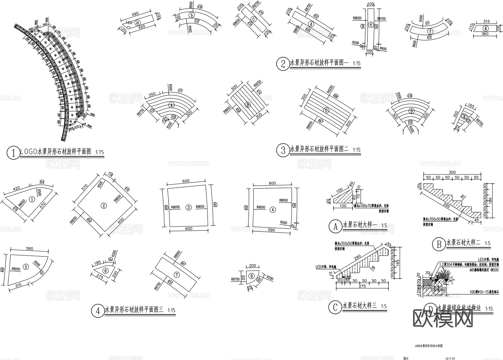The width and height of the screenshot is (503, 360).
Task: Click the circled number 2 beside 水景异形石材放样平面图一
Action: click(x=283, y=64)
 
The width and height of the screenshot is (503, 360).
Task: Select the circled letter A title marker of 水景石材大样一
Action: click(x=335, y=226)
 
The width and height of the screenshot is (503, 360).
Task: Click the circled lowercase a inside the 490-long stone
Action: click(x=137, y=23)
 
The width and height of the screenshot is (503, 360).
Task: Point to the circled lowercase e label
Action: click(x=371, y=25)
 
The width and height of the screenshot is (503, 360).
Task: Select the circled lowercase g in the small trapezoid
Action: click(x=486, y=28)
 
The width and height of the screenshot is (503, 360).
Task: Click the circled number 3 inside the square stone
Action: click(x=189, y=207)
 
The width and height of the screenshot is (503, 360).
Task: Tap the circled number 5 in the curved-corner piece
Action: click(x=26, y=267)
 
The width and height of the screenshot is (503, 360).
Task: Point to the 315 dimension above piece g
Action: click(x=486, y=22)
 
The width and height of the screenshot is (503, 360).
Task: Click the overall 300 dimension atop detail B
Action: click(x=452, y=172)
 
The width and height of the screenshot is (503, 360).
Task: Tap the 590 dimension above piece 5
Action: click(x=29, y=248)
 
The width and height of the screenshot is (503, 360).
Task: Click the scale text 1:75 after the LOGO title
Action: click(x=99, y=152)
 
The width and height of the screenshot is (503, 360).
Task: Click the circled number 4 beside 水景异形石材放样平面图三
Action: click(x=98, y=311)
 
